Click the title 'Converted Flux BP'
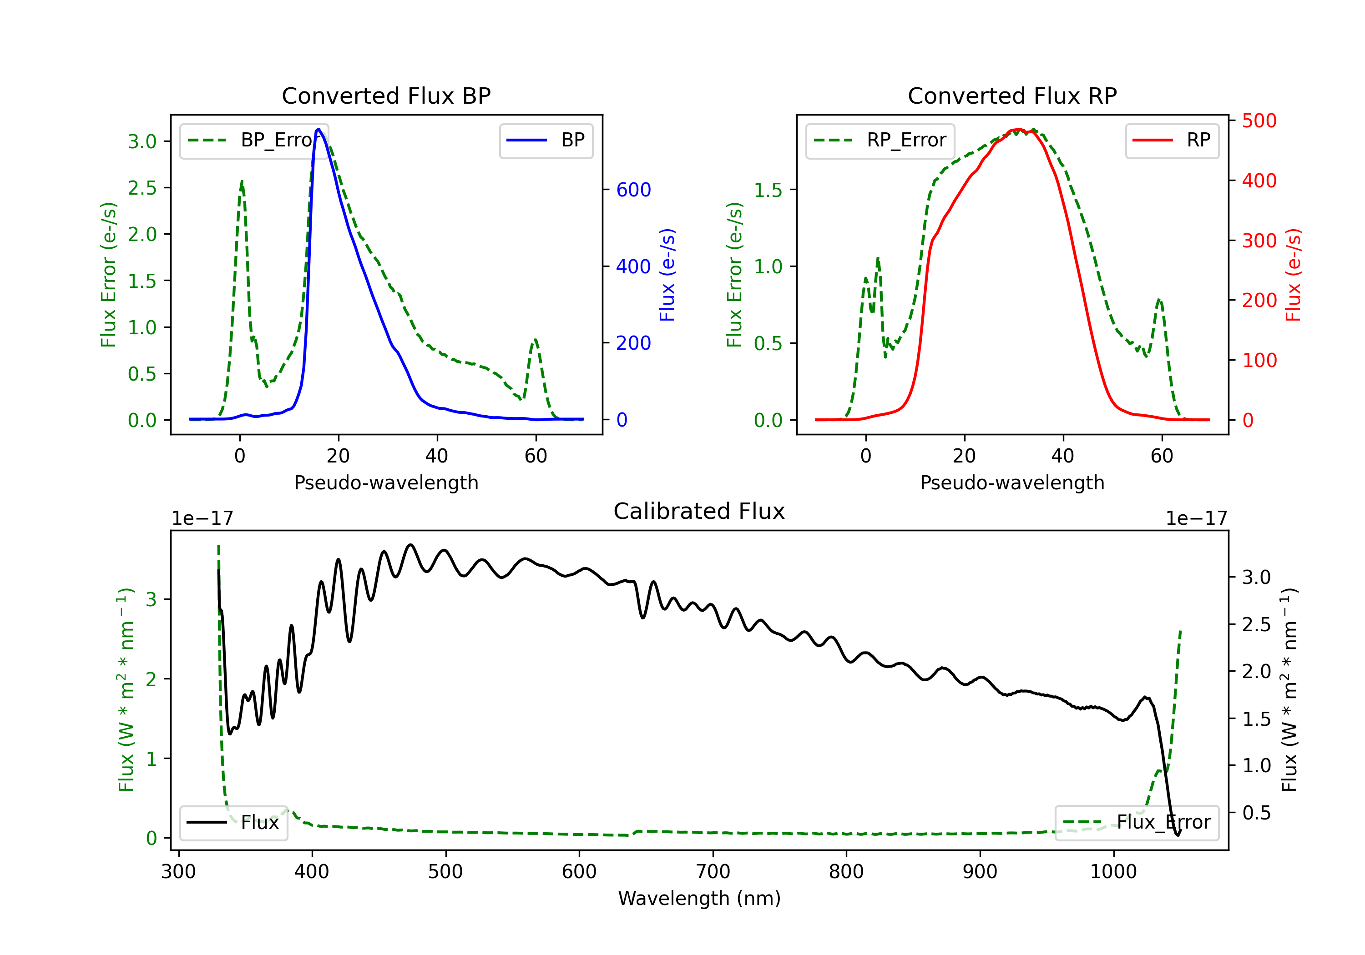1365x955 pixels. pyautogui.click(x=386, y=95)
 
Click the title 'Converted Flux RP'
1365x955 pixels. pyautogui.click(x=1012, y=95)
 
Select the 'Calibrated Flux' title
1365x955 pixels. pyautogui.click(x=699, y=511)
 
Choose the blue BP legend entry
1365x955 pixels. pyautogui.click(x=546, y=140)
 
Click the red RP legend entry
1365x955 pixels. pyautogui.click(x=1172, y=140)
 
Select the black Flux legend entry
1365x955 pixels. pyautogui.click(x=233, y=823)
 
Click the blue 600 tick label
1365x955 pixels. pyautogui.click(x=634, y=190)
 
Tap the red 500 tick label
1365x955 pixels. pyautogui.click(x=1259, y=121)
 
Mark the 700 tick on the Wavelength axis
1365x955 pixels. pyautogui.click(x=713, y=872)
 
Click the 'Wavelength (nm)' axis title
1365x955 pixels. pyautogui.click(x=699, y=899)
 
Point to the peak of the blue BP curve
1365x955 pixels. pyautogui.click(x=318, y=129)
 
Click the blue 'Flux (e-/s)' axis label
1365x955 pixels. pyautogui.click(x=667, y=275)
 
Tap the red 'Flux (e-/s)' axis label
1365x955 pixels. pyautogui.click(x=1293, y=275)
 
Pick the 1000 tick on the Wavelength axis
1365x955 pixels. pyautogui.click(x=1113, y=872)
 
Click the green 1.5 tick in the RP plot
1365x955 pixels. pyautogui.click(x=768, y=190)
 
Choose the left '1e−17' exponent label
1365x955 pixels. pyautogui.click(x=202, y=518)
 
